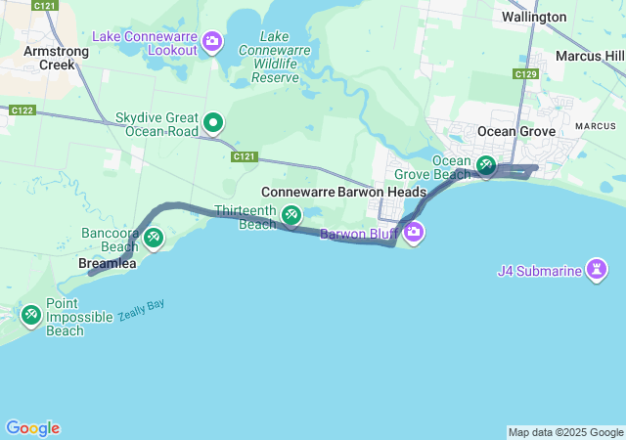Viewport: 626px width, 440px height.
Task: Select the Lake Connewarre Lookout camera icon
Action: coord(213,41)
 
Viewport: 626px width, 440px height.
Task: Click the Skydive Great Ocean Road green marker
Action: coord(213,123)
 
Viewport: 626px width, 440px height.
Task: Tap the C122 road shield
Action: coord(22,110)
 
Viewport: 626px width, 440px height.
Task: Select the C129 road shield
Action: coord(526,73)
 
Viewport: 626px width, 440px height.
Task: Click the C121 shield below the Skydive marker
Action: coord(245,156)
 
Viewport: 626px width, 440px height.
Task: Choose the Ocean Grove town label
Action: coord(516,131)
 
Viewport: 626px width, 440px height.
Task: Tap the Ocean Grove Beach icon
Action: coord(486,167)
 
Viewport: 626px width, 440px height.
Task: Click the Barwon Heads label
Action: coord(381,192)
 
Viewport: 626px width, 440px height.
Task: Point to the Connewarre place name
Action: coord(297,192)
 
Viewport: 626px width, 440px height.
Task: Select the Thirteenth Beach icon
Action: coord(291,215)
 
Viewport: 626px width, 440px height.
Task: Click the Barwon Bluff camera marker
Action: coord(413,233)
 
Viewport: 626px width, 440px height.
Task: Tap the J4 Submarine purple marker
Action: coord(597,269)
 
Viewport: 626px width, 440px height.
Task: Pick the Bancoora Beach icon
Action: coord(153,238)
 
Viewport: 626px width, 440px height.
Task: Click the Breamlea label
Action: coord(107,264)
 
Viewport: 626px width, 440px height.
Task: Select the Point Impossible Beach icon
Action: coord(30,314)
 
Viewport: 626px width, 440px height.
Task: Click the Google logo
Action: coord(33,428)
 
